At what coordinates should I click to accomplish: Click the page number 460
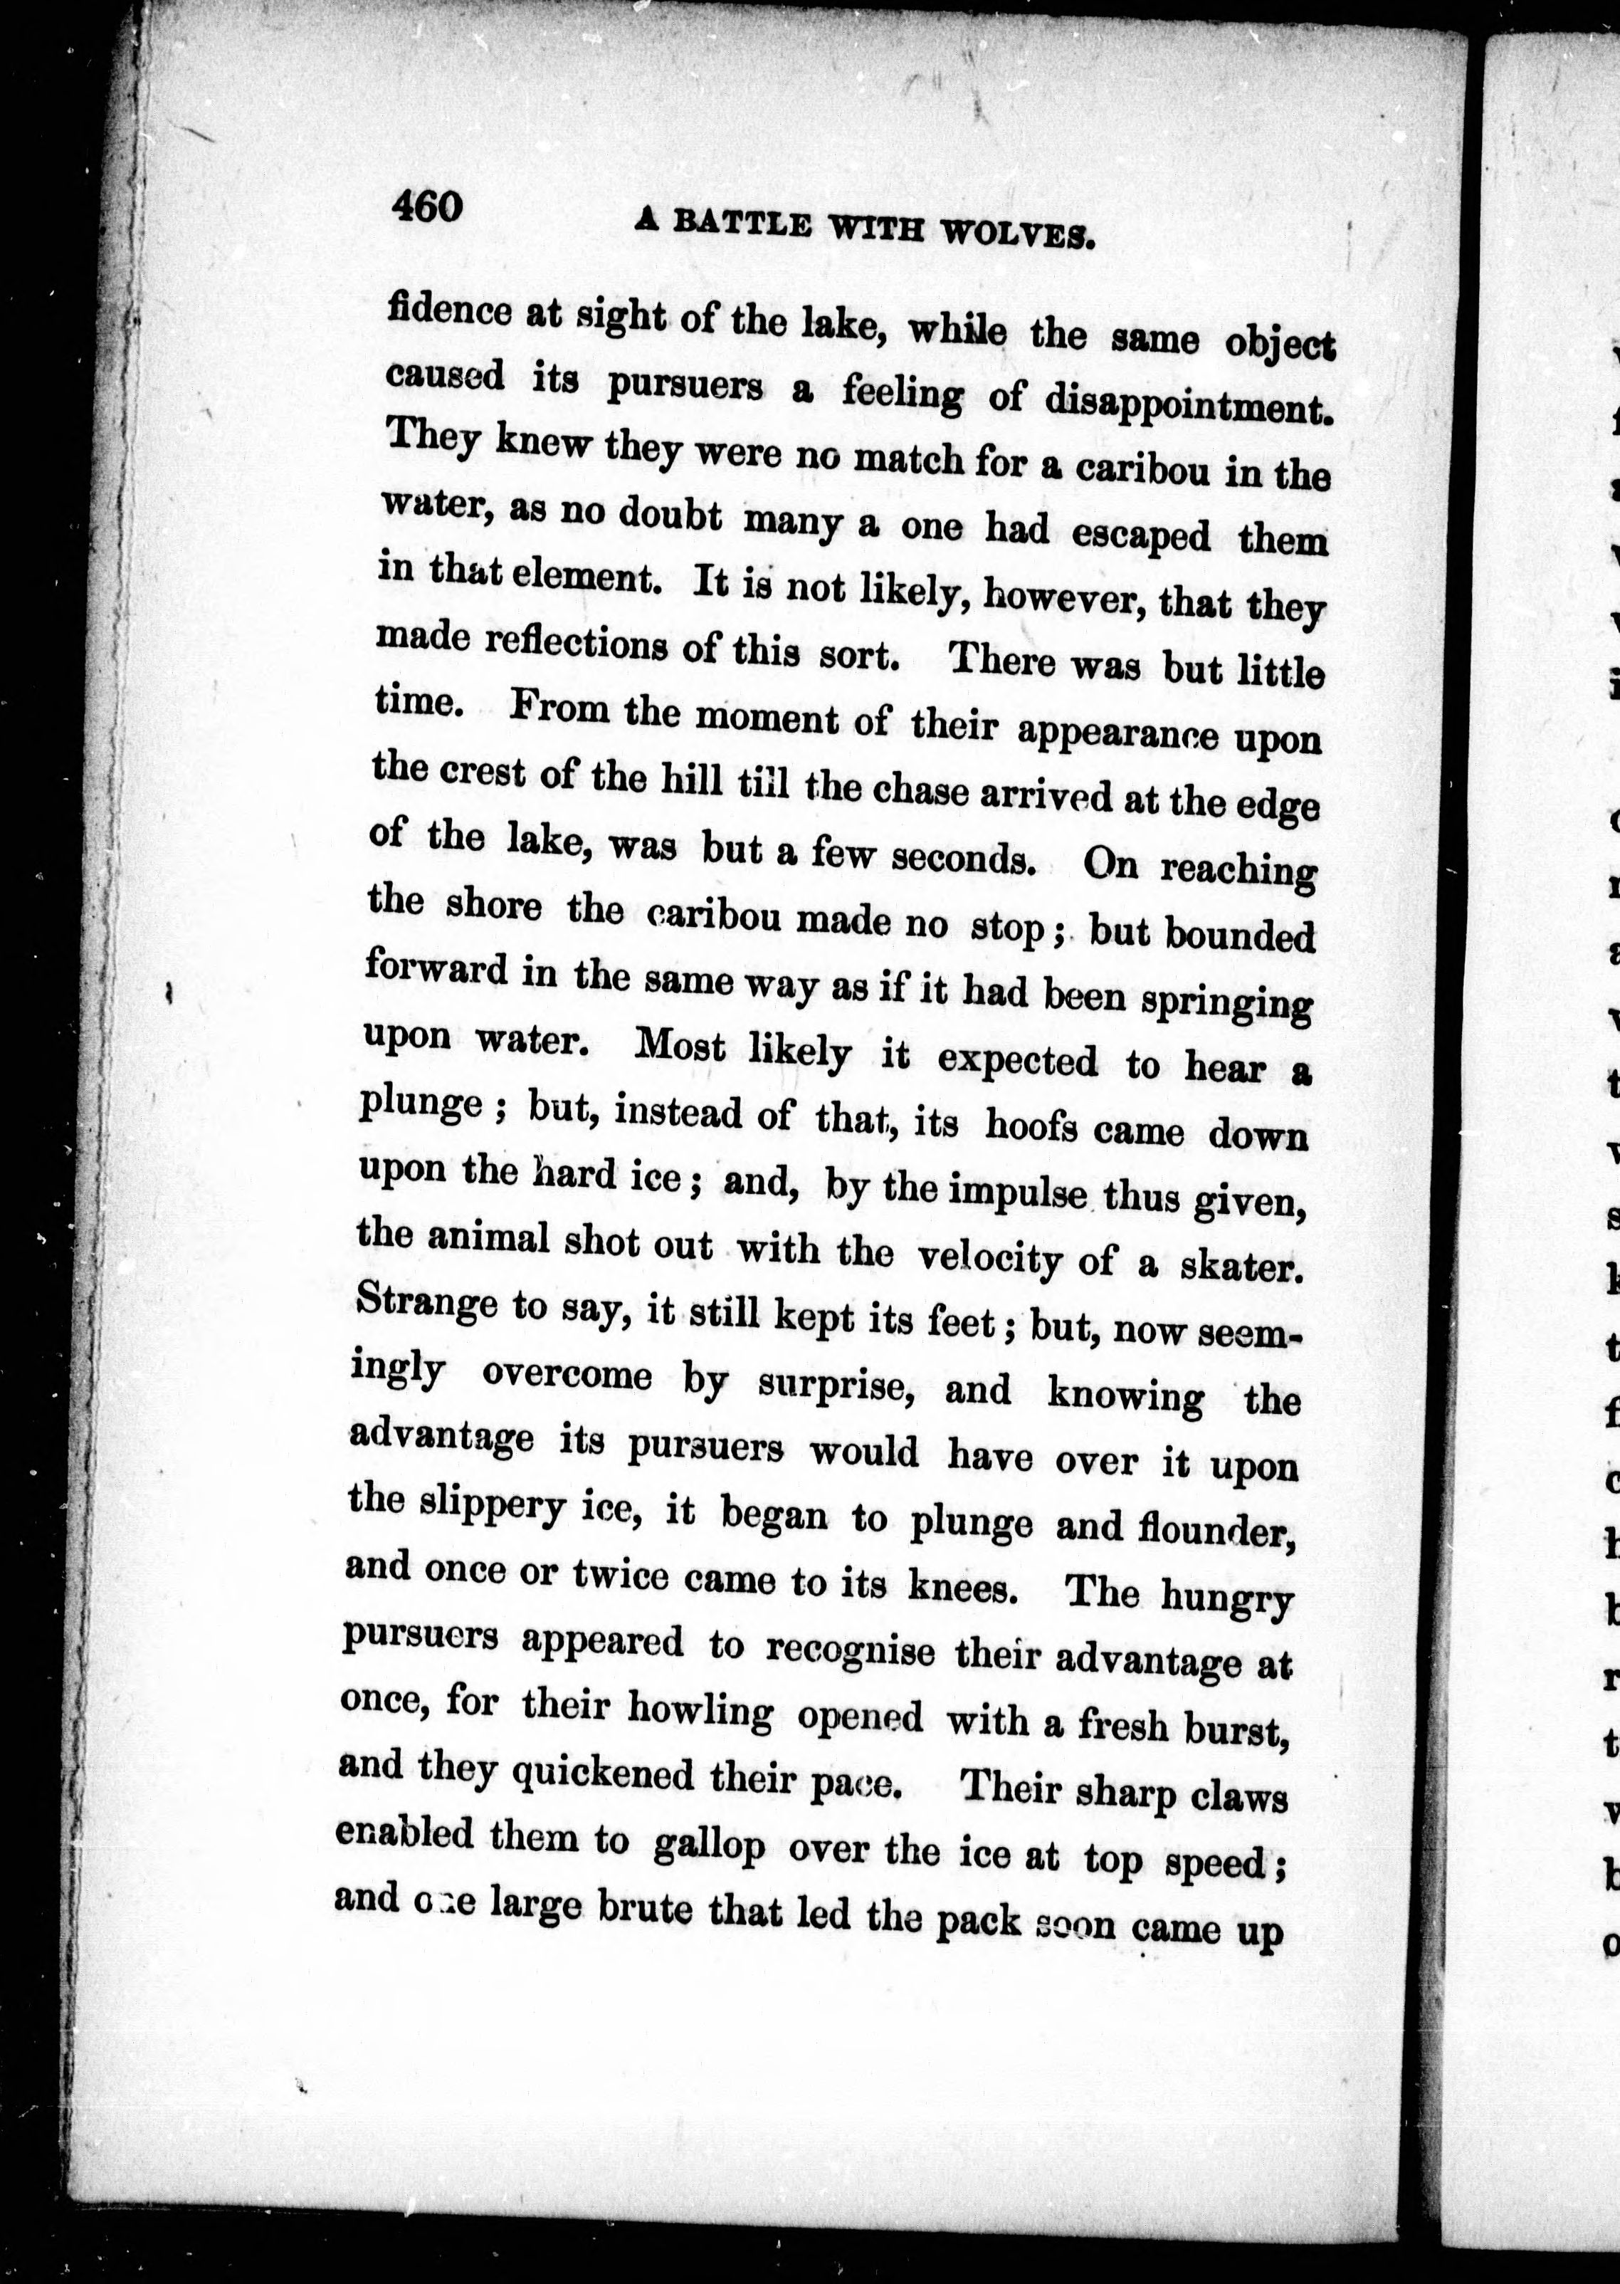[x=427, y=206]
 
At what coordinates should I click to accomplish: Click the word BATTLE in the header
[x=741, y=224]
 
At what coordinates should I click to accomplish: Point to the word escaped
[x=1140, y=534]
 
